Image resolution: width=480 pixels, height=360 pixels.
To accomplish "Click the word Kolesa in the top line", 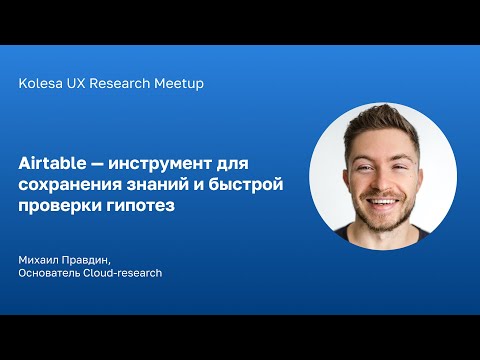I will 41,84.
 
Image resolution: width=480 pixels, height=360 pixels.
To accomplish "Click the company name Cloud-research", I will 126,273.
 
